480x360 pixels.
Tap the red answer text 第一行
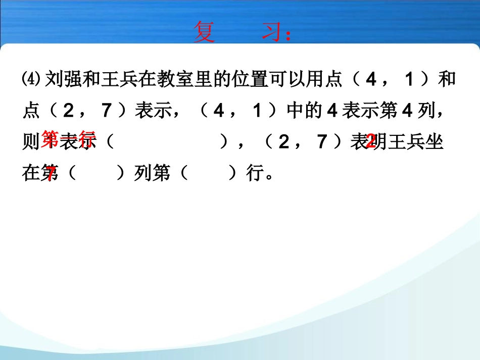coord(69,138)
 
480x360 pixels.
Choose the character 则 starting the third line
coord(31,143)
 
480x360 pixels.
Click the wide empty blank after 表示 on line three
coord(167,143)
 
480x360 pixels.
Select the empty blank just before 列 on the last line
coord(96,174)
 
